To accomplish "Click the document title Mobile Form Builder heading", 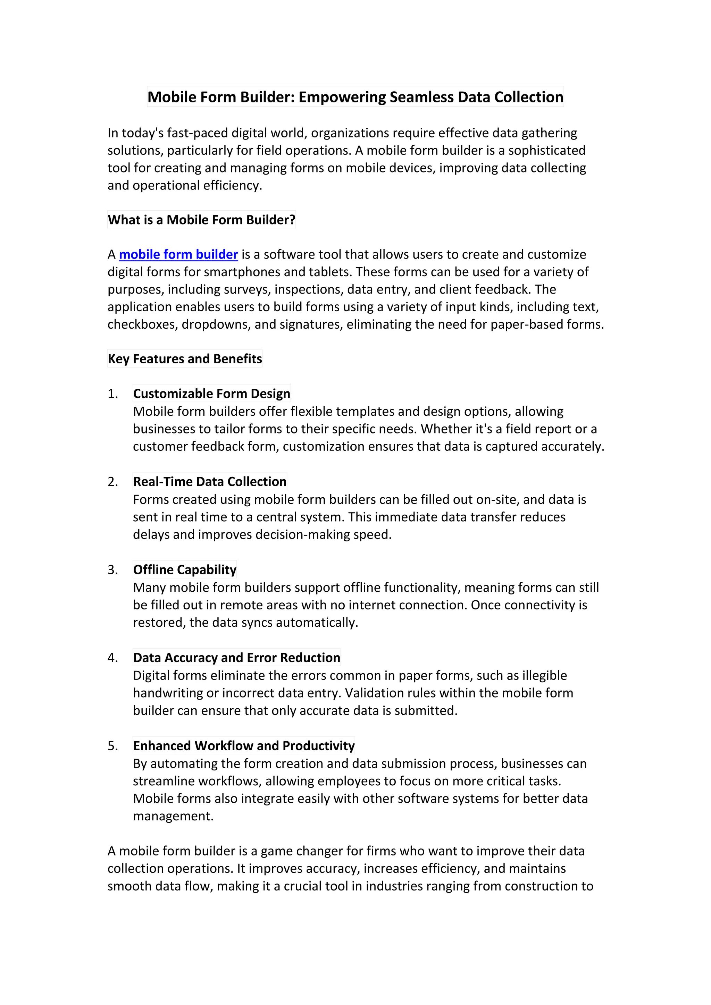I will point(355,97).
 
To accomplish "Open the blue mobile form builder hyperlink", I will point(178,254).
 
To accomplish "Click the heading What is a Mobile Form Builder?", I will point(201,219).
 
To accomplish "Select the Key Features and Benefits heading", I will point(185,358).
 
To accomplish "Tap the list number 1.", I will point(112,394).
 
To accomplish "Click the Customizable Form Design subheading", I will point(211,394).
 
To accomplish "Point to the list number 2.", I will point(112,481).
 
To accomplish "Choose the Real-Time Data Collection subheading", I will point(210,481).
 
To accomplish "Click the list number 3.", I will point(112,569).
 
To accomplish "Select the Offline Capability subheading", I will point(185,569).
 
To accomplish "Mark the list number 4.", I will point(112,658).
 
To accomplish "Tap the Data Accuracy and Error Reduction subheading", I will point(236,658).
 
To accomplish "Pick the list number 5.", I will point(112,745).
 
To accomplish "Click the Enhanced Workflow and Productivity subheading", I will point(244,745).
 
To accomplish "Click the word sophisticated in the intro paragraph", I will point(546,150).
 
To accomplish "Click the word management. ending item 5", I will point(173,816).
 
